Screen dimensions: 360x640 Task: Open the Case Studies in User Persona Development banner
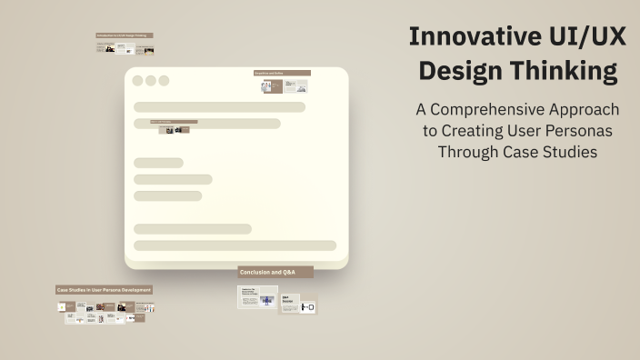105,290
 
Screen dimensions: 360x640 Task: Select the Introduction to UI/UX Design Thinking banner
125,35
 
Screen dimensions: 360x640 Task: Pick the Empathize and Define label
282,73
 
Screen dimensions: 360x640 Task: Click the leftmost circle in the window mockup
138,81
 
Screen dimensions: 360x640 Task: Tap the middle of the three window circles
151,81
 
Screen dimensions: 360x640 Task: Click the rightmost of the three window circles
164,81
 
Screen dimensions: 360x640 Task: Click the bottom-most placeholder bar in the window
235,245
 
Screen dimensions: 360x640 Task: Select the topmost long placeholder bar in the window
219,107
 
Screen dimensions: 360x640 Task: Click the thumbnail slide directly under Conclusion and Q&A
257,297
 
